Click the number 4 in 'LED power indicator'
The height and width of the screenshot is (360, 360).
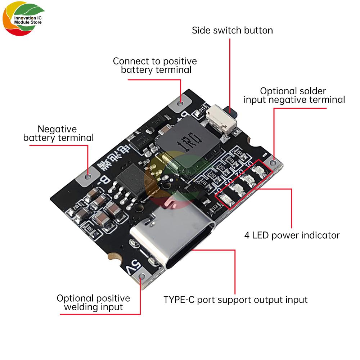(247, 235)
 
